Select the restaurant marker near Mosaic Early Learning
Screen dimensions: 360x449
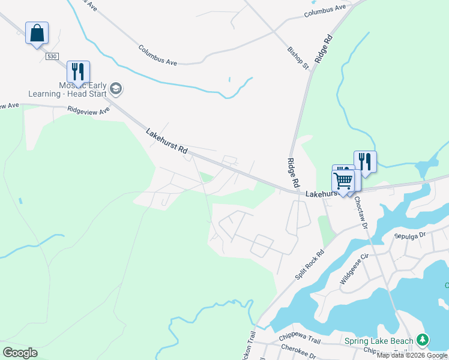coord(78,71)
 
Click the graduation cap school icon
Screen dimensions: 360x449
coord(116,90)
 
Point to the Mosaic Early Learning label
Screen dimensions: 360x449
coord(67,89)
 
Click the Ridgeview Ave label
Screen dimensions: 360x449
coord(89,110)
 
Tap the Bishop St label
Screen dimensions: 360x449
coord(298,57)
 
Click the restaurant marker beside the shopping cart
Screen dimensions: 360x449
coord(364,161)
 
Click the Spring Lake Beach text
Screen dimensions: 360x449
coord(380,341)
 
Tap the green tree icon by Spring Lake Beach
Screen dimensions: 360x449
coord(423,340)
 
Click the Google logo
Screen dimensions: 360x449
coord(20,353)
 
